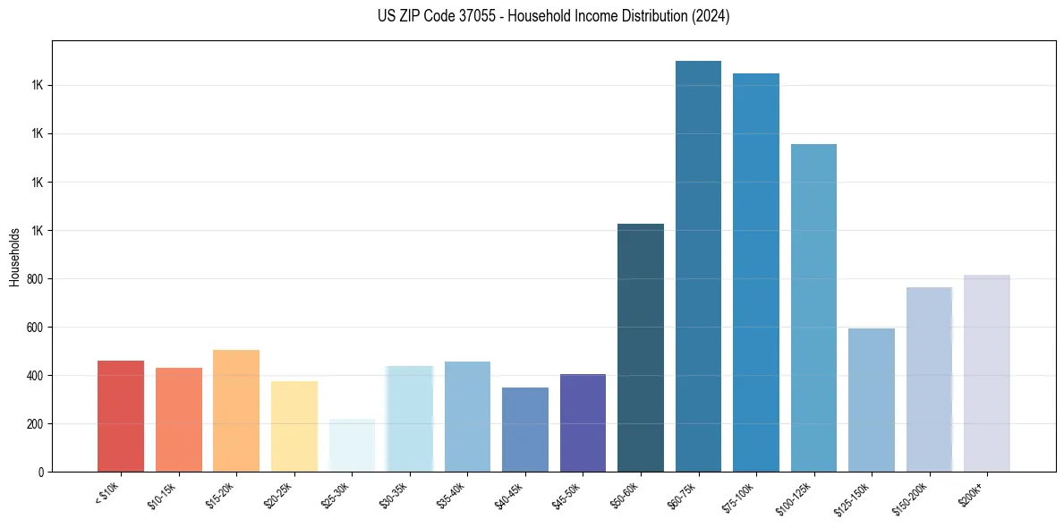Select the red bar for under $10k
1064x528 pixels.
(x=121, y=416)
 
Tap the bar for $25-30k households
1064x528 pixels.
(x=352, y=445)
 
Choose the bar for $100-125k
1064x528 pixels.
(x=813, y=308)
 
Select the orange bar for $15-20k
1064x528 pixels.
(x=236, y=411)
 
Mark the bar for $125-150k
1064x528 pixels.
(x=871, y=400)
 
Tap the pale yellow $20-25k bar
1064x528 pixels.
(x=294, y=426)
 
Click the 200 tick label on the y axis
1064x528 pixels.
(x=36, y=424)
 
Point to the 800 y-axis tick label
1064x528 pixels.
(x=36, y=279)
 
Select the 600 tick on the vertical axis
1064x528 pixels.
(x=36, y=328)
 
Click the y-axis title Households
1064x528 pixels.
(x=14, y=257)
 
